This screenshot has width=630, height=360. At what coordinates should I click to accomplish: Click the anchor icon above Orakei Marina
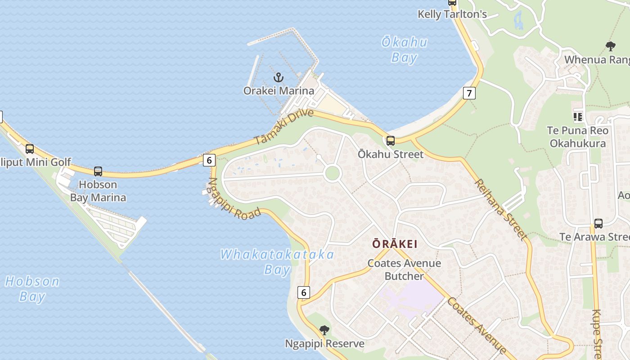coord(279,77)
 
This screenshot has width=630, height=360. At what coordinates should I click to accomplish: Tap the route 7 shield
coord(469,93)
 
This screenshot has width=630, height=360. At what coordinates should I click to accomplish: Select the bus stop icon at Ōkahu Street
coord(391,141)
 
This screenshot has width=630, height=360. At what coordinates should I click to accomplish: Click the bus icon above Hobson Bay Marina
coord(98,171)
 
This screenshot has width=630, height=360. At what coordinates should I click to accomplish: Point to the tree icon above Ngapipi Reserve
coord(324,330)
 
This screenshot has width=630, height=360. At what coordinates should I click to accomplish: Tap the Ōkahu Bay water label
coord(404,49)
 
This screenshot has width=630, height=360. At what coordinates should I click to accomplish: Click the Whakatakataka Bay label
coord(277,261)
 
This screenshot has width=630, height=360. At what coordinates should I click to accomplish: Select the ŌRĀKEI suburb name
coord(395,244)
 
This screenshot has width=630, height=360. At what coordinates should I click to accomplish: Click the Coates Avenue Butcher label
coord(404,269)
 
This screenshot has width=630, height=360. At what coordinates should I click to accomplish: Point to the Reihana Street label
coord(500,209)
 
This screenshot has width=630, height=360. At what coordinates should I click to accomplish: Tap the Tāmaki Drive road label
coord(283,126)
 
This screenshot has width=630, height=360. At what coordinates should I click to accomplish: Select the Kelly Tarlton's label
coord(452,14)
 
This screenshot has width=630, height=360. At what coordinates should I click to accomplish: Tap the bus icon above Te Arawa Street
coord(598,223)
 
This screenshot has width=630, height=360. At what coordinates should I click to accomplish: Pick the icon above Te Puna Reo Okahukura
coord(578,117)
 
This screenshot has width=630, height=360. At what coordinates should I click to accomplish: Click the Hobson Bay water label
coord(32,288)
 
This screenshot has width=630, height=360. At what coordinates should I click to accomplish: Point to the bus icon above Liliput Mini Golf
coord(30,149)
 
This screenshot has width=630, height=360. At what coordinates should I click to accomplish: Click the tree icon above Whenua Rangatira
coord(610,46)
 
